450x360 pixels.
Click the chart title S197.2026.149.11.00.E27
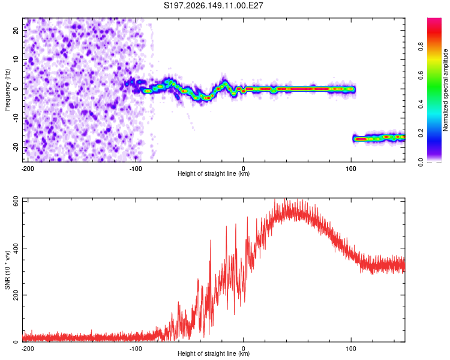coord(213,5)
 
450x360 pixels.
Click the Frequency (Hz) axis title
coord(7,90)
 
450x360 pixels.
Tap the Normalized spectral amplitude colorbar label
coord(445,90)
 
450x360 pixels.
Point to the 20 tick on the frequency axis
coord(16,31)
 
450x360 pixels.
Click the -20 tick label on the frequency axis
coord(16,148)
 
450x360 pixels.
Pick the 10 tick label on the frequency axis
coord(16,59)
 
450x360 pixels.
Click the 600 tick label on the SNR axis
coord(16,202)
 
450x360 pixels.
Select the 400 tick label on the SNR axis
coord(16,248)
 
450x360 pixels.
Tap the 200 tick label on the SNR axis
coord(16,295)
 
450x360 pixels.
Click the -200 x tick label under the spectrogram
coord(28,169)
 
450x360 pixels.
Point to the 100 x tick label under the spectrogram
coord(351,169)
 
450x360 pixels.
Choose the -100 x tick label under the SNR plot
coord(136,349)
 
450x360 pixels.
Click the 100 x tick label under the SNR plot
coord(351,349)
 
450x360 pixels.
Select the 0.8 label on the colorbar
coord(421,46)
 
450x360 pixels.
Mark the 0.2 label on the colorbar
coord(421,133)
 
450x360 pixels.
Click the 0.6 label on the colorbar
coord(421,75)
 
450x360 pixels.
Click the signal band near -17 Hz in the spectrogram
coord(379,139)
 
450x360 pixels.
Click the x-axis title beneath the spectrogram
coord(214,173)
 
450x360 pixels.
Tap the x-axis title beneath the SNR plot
coord(214,353)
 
